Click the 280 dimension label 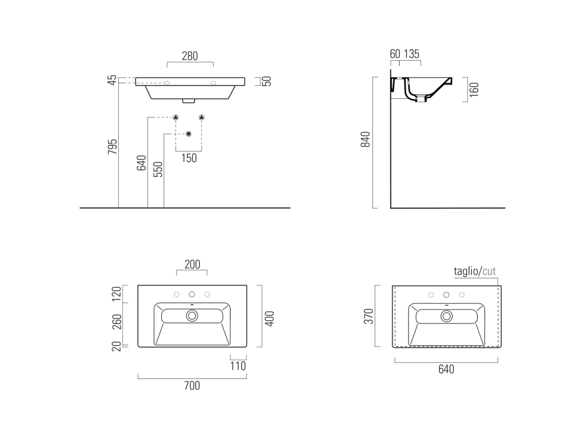(190, 56)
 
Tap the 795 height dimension (113, 147)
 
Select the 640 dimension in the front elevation (142, 163)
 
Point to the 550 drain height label (158, 169)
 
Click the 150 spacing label (189, 158)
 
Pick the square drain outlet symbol (189, 134)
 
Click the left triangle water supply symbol (176, 117)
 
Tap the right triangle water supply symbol (202, 117)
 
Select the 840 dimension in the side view (365, 139)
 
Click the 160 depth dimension (474, 90)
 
